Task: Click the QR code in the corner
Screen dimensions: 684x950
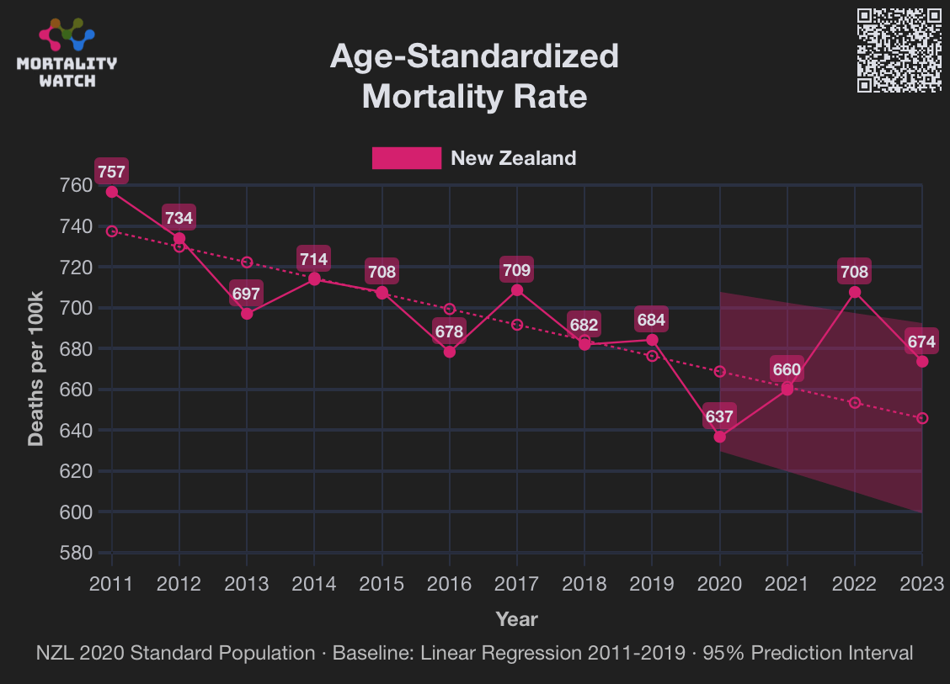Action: [899, 50]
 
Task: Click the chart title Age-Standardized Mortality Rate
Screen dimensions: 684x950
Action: [474, 77]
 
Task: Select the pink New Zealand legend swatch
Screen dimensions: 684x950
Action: [407, 158]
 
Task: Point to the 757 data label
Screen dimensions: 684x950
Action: [111, 172]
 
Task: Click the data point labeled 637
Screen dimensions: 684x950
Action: [719, 437]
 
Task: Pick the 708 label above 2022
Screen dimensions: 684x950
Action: [854, 272]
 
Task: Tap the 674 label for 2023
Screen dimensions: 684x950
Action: [921, 342]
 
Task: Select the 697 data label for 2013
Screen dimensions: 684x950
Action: [247, 294]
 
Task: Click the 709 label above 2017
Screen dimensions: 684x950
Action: [516, 270]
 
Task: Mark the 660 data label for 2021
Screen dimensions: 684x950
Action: [787, 370]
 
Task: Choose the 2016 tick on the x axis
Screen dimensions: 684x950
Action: [449, 584]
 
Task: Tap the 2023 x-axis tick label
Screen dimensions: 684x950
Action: [921, 584]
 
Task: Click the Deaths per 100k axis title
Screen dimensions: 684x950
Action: [35, 369]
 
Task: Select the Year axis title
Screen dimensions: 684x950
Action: [516, 620]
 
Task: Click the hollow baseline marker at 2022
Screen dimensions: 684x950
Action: [854, 403]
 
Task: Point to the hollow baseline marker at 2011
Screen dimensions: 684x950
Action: [111, 231]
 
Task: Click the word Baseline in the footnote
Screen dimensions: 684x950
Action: [368, 653]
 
